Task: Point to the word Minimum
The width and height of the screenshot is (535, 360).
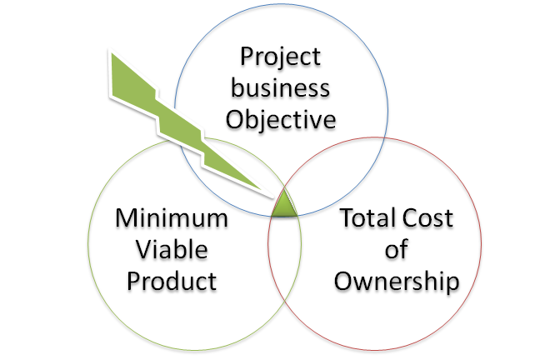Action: point(172,219)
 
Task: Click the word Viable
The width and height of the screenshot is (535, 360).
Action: point(172,249)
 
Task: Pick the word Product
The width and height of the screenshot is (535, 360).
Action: point(172,280)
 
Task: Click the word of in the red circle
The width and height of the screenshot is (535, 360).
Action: point(397,249)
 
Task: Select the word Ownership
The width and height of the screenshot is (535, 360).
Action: point(397,280)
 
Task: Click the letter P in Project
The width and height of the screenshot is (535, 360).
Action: point(247,58)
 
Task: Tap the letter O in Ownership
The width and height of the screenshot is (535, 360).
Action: point(343,280)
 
